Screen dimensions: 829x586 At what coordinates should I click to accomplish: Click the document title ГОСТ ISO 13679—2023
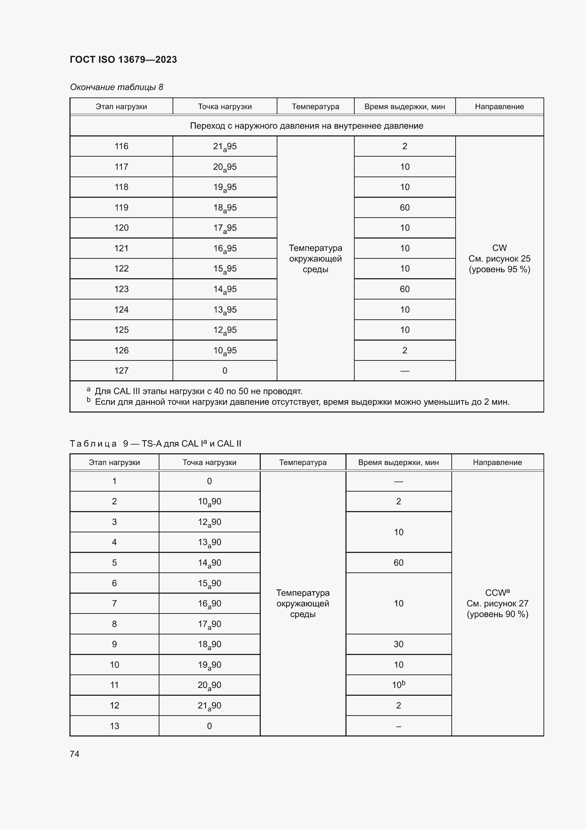(x=123, y=60)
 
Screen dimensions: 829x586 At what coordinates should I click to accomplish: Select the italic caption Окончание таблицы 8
(x=116, y=87)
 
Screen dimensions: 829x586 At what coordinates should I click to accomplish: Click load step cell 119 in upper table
(x=121, y=208)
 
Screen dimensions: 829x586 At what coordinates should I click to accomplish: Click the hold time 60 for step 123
(x=405, y=289)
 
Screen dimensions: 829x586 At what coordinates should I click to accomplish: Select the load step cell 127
(x=121, y=370)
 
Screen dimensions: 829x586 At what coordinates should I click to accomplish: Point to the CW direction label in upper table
(x=499, y=248)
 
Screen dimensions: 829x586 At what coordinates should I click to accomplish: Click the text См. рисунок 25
(x=499, y=258)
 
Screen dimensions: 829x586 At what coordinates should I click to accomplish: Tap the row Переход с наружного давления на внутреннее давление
(x=306, y=126)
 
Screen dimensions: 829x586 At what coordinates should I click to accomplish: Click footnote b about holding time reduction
(x=302, y=402)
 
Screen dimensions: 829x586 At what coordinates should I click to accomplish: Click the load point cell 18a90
(x=209, y=644)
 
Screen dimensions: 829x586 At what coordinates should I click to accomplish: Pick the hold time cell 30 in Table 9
(x=398, y=644)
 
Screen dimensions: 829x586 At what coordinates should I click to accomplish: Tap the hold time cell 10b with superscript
(x=398, y=685)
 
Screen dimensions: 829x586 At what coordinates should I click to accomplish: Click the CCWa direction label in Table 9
(x=497, y=593)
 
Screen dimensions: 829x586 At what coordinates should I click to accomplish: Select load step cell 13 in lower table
(x=114, y=726)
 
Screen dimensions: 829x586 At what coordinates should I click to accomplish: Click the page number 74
(x=74, y=754)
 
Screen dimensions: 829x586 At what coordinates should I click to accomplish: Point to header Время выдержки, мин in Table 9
(x=398, y=463)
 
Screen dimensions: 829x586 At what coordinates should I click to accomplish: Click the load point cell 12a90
(x=209, y=522)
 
